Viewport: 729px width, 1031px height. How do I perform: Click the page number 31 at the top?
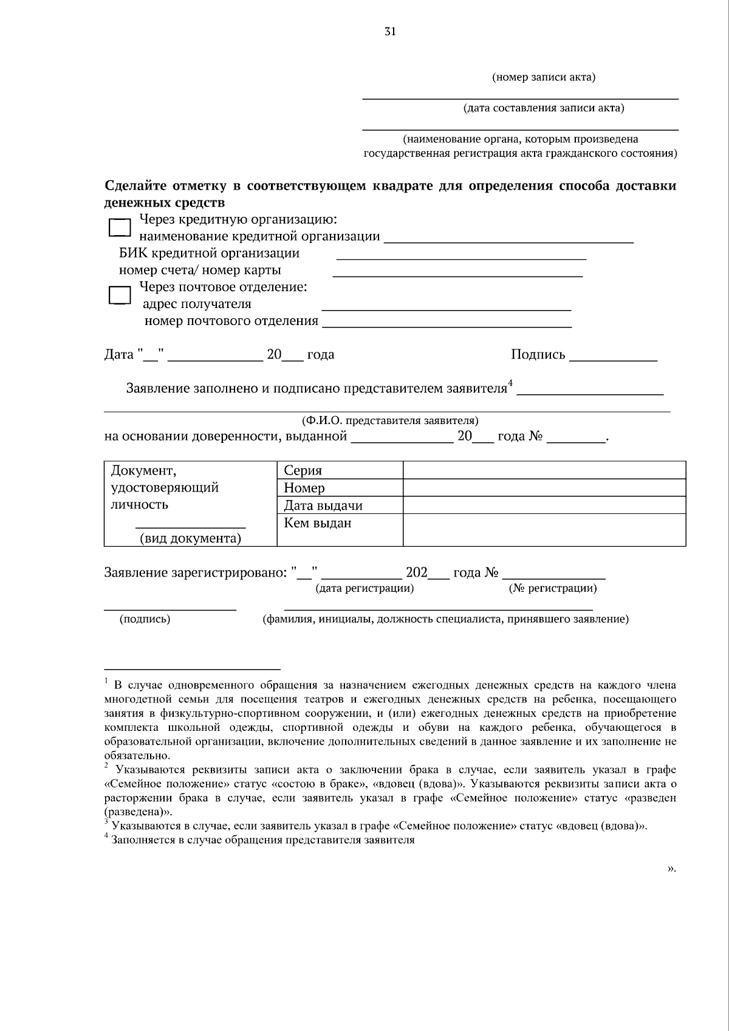[x=390, y=32]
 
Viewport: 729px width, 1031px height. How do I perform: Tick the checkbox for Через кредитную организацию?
[x=119, y=228]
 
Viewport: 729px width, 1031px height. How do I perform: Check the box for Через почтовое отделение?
[x=119, y=295]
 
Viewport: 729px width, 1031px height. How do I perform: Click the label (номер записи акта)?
[x=543, y=77]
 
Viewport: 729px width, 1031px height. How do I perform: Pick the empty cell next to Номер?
[x=544, y=488]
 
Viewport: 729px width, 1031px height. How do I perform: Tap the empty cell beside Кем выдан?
[x=544, y=529]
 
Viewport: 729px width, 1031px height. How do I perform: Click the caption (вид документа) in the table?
[x=190, y=538]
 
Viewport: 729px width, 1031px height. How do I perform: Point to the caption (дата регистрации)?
[x=364, y=588]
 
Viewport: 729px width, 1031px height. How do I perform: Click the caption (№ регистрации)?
[x=552, y=588]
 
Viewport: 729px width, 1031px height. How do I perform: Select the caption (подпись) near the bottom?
[x=145, y=619]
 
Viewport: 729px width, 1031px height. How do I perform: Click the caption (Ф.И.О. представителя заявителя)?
[x=390, y=420]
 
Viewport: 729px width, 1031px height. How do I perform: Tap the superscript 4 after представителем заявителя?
[x=511, y=383]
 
